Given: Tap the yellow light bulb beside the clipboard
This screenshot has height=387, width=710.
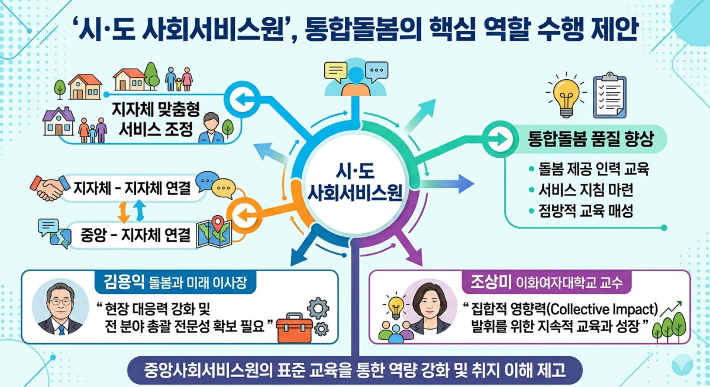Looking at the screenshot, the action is coord(566,96).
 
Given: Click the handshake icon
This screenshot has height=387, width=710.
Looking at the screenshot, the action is coord(50,188).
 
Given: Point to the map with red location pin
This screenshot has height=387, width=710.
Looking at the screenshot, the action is coord(214,233).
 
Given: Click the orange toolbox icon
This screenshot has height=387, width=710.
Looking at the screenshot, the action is coord(294,328).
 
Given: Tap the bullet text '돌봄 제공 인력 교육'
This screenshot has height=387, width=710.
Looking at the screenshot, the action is coord(593,169).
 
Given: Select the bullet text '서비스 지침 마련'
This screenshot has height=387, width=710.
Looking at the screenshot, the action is coord(586,190).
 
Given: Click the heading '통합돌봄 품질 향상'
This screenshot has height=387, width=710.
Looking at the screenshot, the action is coord(591,139).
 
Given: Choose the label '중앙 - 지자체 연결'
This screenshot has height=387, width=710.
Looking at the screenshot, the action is coord(135,235).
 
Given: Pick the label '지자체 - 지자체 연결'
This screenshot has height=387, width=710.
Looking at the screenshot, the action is coord(132,188).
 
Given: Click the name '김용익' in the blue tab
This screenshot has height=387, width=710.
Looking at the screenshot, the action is coord(124,281).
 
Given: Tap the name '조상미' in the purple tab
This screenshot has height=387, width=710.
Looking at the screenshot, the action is coord(490,281).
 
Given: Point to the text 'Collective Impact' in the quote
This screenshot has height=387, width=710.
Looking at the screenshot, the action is coord(602,310).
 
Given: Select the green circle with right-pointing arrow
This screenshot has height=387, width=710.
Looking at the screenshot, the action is coord(499,139).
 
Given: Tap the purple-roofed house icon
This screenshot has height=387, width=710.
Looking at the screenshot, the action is coord(59,121).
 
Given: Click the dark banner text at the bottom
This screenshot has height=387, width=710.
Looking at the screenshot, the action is coord(354,370).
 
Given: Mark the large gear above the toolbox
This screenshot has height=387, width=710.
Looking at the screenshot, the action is coord(318,308).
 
